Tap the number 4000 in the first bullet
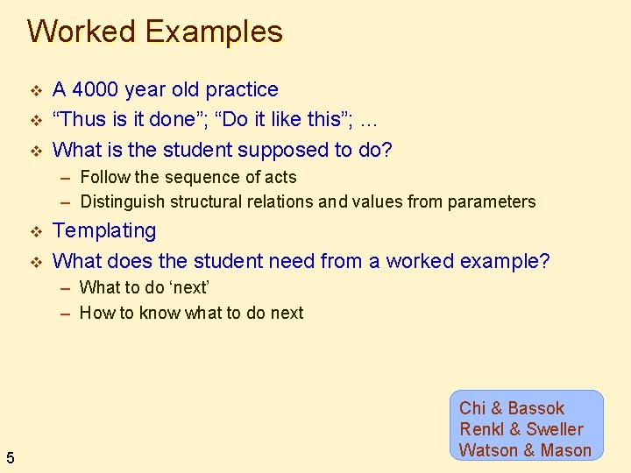click(96, 89)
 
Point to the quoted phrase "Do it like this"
click(280, 119)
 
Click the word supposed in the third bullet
click(287, 150)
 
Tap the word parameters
click(491, 201)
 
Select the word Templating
click(104, 231)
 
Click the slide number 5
click(10, 456)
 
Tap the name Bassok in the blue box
click(535, 408)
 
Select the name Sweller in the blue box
click(554, 429)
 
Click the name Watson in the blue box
click(488, 450)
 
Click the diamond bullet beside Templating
click(36, 232)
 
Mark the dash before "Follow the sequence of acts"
click(66, 178)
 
